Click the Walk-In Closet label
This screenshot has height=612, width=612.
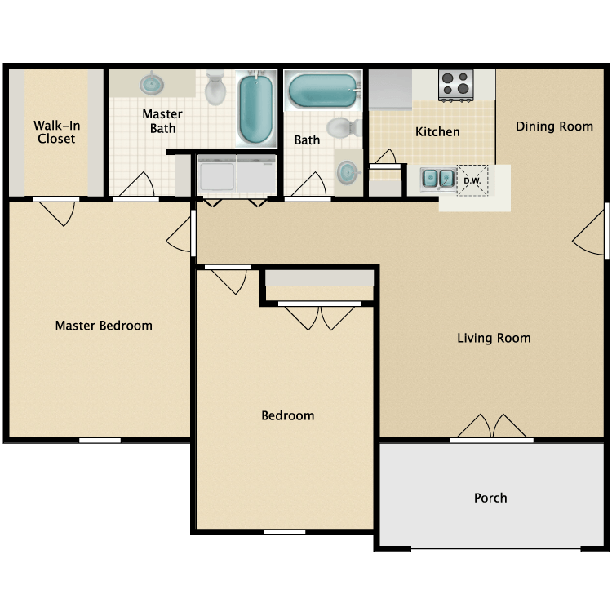pos(55,132)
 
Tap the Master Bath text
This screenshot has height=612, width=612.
pos(162,122)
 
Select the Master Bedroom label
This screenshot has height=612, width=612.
pos(104,326)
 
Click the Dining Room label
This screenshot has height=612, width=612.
pos(554,126)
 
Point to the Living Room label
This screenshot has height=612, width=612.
pos(493,338)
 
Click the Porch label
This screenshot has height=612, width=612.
pos(490,498)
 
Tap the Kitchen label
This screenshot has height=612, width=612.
pos(437,132)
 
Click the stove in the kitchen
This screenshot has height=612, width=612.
pos(457,84)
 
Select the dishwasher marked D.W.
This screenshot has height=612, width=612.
pos(472,180)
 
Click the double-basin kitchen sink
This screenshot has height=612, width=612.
pos(438,178)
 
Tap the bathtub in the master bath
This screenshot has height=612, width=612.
pos(256,109)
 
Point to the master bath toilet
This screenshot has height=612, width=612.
pos(215,88)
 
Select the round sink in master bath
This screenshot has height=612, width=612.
pos(152,83)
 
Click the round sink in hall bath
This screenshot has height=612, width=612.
pos(348,173)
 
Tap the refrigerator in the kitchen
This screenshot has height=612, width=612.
pos(390,89)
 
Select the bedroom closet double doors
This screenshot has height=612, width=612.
pos(319,316)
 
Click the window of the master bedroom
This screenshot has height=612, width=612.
pos(100,441)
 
